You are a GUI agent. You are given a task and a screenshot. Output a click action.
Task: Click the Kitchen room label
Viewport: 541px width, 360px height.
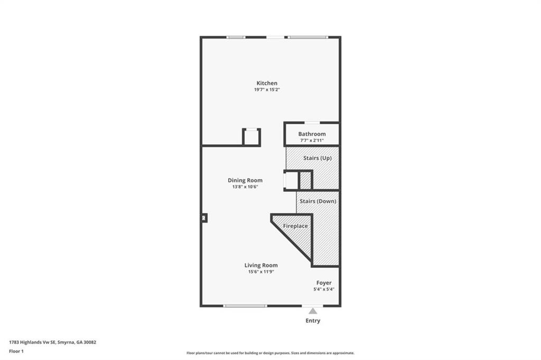pos(267,83)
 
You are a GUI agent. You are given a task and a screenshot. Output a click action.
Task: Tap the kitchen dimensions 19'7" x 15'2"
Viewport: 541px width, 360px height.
pos(267,90)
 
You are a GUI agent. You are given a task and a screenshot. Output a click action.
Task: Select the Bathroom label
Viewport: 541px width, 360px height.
pos(312,134)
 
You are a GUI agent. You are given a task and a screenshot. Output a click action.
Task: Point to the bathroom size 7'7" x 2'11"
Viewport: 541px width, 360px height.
pos(312,141)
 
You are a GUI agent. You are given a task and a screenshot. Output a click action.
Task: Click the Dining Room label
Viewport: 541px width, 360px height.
pos(245,180)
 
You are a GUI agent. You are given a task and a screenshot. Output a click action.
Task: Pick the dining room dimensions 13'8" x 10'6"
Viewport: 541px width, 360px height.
pos(245,187)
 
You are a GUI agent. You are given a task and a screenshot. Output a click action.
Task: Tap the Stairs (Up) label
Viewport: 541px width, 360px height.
pos(318,158)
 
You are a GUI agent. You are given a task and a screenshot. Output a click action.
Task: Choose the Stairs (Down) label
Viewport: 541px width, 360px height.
pos(318,201)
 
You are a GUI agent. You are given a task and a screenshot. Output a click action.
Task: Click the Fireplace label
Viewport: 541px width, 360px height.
pos(295,226)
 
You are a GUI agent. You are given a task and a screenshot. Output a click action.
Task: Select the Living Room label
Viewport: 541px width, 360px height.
pos(261,265)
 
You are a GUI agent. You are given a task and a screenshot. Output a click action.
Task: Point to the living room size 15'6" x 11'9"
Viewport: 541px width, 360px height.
pos(261,272)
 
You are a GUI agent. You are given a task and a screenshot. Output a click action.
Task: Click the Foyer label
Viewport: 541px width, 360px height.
pos(324,283)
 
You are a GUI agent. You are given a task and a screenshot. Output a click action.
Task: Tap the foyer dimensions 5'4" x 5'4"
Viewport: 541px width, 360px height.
pos(324,289)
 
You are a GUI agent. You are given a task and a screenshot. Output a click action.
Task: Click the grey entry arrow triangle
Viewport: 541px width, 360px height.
pos(313,311)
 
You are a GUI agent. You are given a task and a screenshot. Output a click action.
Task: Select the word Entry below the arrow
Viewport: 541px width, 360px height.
pos(313,321)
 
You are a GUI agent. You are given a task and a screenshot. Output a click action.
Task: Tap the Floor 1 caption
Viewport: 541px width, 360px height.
pos(16,352)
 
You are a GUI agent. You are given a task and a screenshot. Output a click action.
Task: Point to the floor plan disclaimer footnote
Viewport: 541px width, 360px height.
pos(270,353)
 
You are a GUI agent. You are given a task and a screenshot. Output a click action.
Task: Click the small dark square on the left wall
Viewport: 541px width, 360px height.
pos(204,218)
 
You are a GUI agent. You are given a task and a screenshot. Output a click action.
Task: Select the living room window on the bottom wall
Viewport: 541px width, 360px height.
pos(245,306)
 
